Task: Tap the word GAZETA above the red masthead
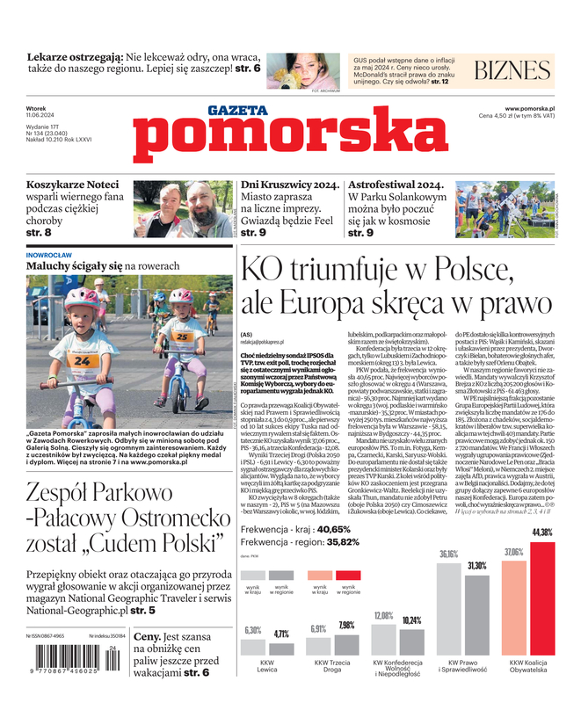click(237, 110)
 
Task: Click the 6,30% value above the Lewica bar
click(252, 630)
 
